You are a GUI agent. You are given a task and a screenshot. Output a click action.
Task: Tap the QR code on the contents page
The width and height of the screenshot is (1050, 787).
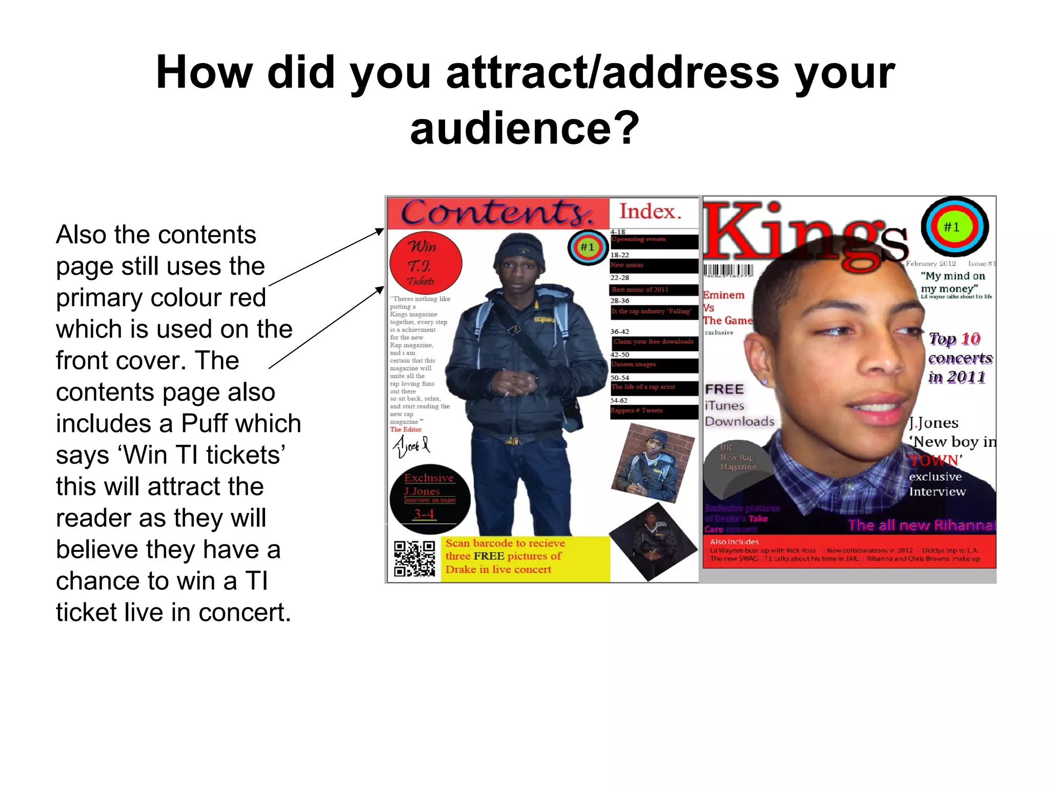[414, 558]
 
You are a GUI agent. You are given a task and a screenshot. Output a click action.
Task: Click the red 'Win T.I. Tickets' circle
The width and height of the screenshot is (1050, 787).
[426, 263]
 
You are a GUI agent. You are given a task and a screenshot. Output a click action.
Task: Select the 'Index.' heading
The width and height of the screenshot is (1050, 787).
[650, 212]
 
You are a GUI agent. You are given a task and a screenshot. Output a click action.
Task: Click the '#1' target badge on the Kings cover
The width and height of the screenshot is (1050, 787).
[955, 226]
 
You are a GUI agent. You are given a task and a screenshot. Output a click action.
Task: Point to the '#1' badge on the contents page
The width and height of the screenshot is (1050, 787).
[588, 247]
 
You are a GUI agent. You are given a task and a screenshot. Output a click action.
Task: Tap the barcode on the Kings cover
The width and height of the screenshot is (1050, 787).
[728, 271]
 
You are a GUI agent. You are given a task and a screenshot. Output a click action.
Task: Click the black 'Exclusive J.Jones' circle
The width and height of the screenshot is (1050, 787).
[430, 499]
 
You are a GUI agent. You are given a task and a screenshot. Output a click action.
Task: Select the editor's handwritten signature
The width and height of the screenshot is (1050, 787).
[411, 446]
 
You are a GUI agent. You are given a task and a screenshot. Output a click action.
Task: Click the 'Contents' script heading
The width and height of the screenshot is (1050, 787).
[496, 213]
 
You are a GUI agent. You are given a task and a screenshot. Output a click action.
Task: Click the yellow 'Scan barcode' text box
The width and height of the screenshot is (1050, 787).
[525, 557]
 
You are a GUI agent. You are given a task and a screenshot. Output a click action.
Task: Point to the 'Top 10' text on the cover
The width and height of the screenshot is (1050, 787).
[954, 339]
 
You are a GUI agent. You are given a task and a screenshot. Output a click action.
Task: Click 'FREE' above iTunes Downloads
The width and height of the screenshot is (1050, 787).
[724, 389]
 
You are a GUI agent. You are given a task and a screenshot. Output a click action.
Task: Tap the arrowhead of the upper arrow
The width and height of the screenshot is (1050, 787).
[381, 231]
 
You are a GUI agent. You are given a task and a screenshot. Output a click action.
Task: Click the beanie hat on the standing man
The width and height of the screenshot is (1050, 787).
[520, 251]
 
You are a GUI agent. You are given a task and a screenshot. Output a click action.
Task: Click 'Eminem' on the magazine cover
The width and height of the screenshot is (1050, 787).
[723, 295]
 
